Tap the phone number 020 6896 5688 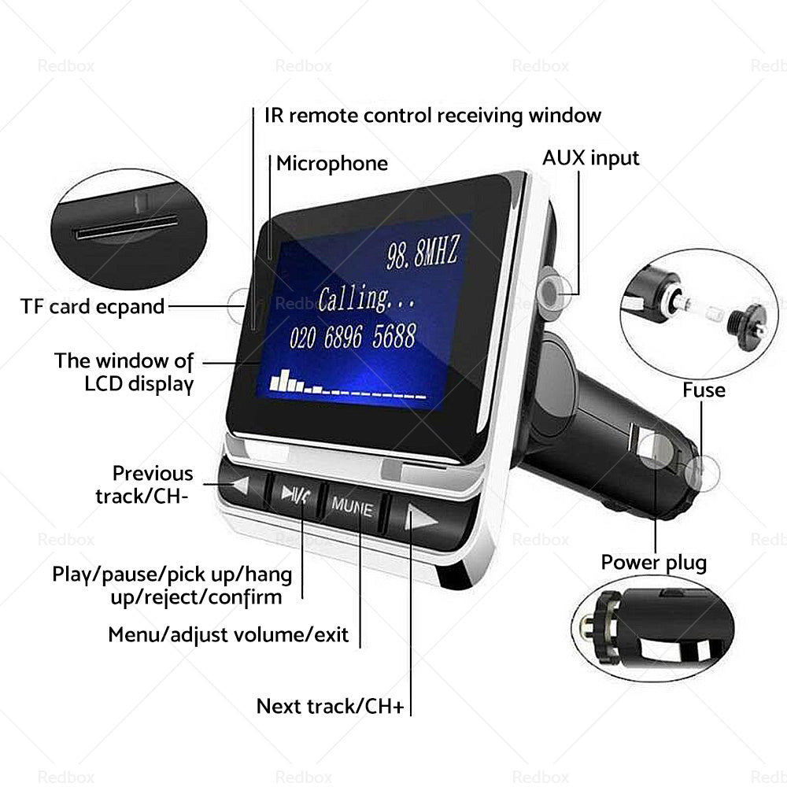pyautogui.click(x=352, y=337)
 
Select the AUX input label pyautogui.click(x=591, y=157)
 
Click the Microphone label pyautogui.click(x=331, y=164)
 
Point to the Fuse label pyautogui.click(x=704, y=390)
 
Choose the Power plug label pyautogui.click(x=654, y=563)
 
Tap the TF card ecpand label pyautogui.click(x=93, y=306)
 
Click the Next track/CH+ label pyautogui.click(x=330, y=706)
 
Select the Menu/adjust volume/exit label pyautogui.click(x=228, y=634)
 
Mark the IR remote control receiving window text pyautogui.click(x=432, y=116)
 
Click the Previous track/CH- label pyautogui.click(x=145, y=485)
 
